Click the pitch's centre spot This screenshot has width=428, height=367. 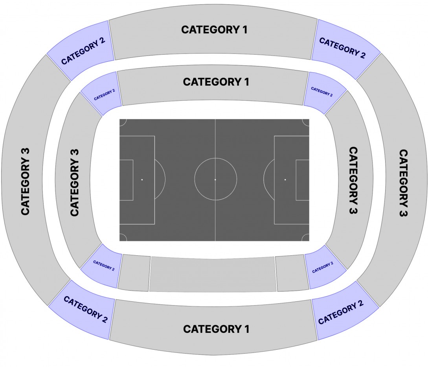tap(215, 179)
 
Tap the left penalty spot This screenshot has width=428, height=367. tap(142, 179)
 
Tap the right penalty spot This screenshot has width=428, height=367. tap(285, 179)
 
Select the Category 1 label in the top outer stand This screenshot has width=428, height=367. tap(214, 30)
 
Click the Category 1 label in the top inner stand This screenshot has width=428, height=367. tap(216, 82)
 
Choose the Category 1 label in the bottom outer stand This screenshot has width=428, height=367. tap(216, 329)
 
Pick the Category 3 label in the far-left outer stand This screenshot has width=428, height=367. tap(26, 182)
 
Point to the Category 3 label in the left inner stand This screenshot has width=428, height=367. tap(75, 183)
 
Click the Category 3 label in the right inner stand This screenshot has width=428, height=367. tap(353, 181)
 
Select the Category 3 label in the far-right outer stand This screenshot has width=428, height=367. tap(403, 183)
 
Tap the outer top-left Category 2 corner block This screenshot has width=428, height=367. tap(81, 51)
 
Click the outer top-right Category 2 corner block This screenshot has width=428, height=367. tap(345, 50)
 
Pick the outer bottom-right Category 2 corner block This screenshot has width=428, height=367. tap(344, 311)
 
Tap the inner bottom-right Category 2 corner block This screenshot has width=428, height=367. tap(325, 267)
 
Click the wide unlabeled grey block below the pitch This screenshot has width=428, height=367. tap(213, 274)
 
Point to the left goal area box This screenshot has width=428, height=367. tap(127, 180)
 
